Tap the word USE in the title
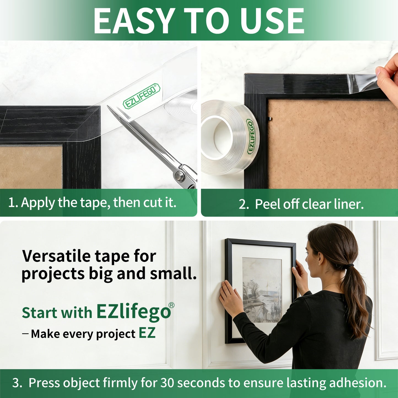272,21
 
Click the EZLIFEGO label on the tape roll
251,136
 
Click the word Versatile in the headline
56,256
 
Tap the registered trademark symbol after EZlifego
171,305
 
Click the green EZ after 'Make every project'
147,333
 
